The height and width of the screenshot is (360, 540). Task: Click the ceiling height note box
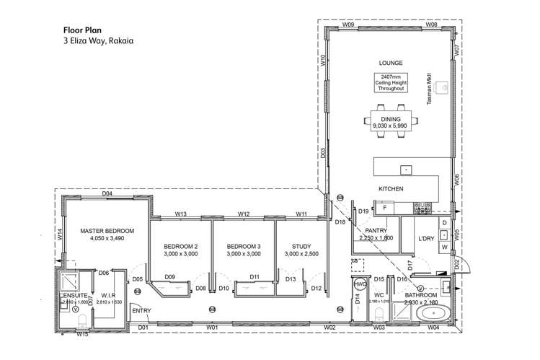pyautogui.click(x=391, y=82)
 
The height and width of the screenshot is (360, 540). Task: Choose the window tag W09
pyautogui.click(x=348, y=25)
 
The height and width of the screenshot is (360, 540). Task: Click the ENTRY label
pyautogui.click(x=141, y=310)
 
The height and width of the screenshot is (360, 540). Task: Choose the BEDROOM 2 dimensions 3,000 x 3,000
pyautogui.click(x=180, y=254)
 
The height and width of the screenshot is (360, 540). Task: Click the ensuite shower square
pyautogui.click(x=71, y=282)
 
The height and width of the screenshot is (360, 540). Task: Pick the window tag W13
pyautogui.click(x=181, y=214)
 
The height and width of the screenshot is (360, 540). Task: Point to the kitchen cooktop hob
pyautogui.click(x=422, y=208)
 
